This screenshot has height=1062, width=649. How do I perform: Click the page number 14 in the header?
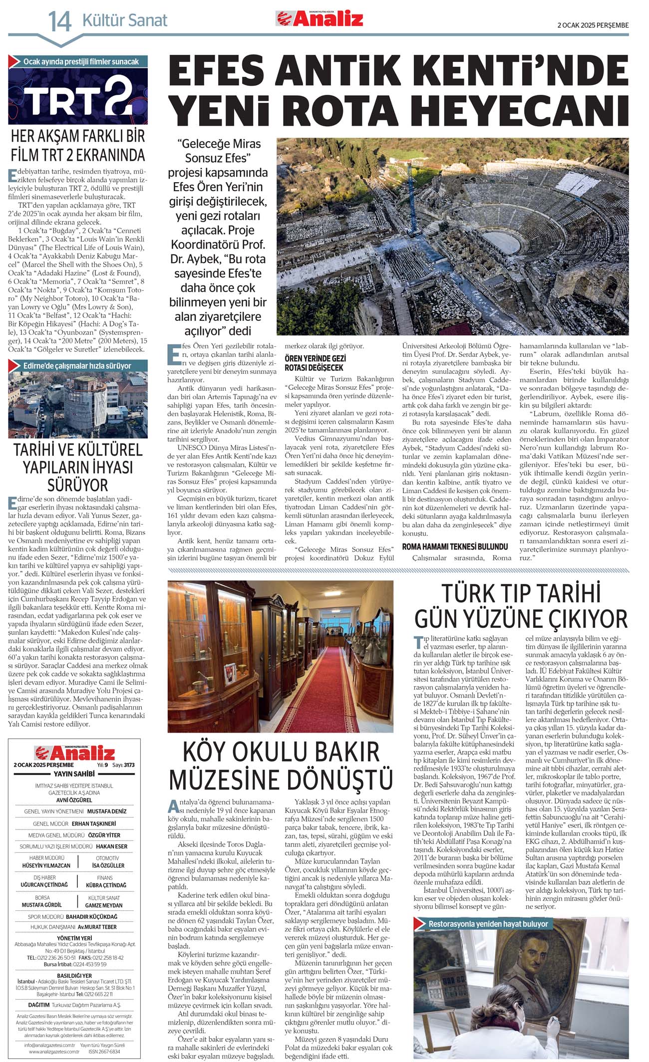coord(59,21)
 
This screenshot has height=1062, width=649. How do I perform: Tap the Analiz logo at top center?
coord(320,18)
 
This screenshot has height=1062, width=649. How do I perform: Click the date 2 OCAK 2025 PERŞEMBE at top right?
coord(593,25)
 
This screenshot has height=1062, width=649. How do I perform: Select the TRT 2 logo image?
coord(78,96)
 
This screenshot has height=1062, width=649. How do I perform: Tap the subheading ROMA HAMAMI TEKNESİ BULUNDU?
coord(455,546)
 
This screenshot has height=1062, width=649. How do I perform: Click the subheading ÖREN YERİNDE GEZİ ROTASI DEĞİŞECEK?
coord(315,363)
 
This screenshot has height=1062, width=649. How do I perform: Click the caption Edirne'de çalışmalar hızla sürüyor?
coord(77,366)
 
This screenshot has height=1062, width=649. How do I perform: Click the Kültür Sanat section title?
coord(125,20)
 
